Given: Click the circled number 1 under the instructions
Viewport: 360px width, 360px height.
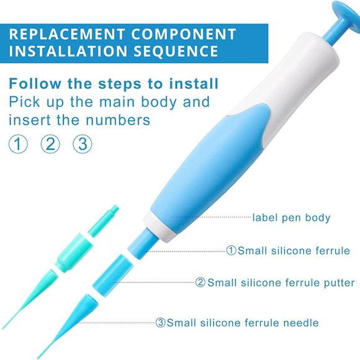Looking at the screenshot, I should [19, 145].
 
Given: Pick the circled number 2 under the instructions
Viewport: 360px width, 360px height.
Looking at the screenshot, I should [50, 145].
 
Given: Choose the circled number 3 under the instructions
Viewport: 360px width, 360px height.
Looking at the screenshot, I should [82, 145].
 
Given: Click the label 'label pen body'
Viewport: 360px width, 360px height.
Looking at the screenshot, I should [290, 217].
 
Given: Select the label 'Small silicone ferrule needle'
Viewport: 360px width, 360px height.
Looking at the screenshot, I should [242, 323].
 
